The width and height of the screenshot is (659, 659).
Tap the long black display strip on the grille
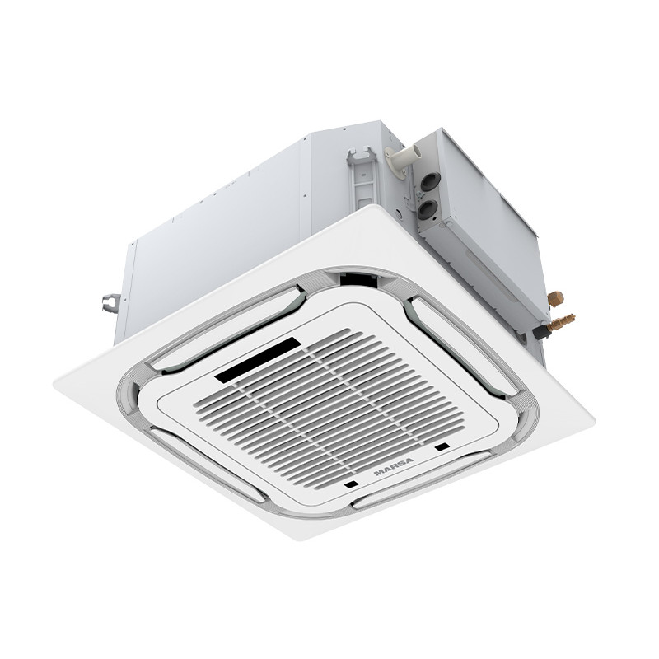click(x=258, y=359)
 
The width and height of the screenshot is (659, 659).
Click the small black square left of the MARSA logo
click(x=351, y=484)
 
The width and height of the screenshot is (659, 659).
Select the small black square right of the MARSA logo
click(x=442, y=446)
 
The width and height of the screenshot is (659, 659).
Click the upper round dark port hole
click(x=431, y=181)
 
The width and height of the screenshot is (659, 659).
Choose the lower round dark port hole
click(x=427, y=209)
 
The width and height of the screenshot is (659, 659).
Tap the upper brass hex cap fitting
click(x=555, y=298)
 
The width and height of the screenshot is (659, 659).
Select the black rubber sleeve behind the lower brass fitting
click(x=541, y=332)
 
